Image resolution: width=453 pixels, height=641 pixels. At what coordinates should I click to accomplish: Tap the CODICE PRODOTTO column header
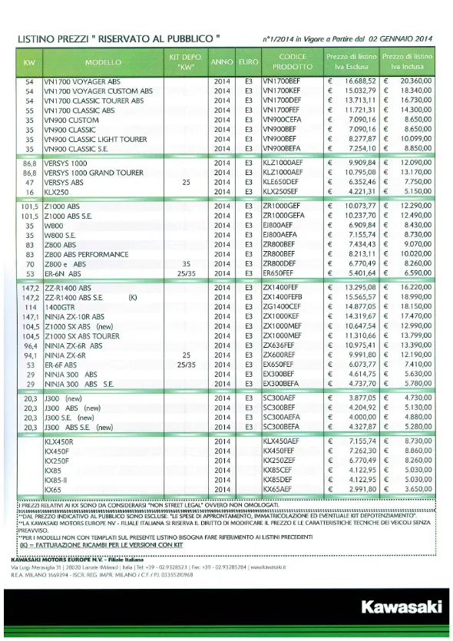pyautogui.click(x=292, y=61)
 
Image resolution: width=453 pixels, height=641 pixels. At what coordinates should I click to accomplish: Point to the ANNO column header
pyautogui.click(x=222, y=61)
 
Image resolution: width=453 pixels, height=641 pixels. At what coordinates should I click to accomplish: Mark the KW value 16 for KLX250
pyautogui.click(x=29, y=191)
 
